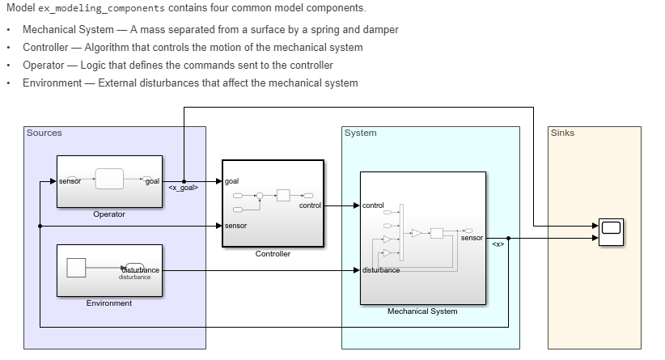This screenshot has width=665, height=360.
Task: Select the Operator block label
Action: [x=109, y=214]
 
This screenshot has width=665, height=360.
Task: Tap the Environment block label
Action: [x=109, y=303]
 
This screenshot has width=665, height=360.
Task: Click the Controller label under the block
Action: [x=273, y=254]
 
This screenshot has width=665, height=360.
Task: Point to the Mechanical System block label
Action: [x=422, y=311]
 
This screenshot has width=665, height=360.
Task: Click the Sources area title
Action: [x=44, y=133]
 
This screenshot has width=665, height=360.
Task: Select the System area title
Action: [x=360, y=133]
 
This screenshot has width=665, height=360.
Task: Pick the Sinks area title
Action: [x=562, y=133]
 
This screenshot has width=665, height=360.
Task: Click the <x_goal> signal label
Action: [x=183, y=188]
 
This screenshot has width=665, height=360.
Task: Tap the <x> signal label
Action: [x=498, y=244]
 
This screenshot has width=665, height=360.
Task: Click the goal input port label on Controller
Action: [x=232, y=181]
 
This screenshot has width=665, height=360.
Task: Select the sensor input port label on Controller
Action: [x=236, y=226]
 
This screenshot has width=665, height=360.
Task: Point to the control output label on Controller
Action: [x=310, y=205]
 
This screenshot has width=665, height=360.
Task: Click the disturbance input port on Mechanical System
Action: [x=381, y=269]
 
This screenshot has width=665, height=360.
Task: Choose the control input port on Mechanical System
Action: [x=374, y=205]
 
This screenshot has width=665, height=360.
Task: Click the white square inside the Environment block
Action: [x=76, y=268]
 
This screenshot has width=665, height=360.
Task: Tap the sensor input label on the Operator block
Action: [x=70, y=181]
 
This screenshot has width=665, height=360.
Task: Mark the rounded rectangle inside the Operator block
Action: [x=109, y=180]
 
